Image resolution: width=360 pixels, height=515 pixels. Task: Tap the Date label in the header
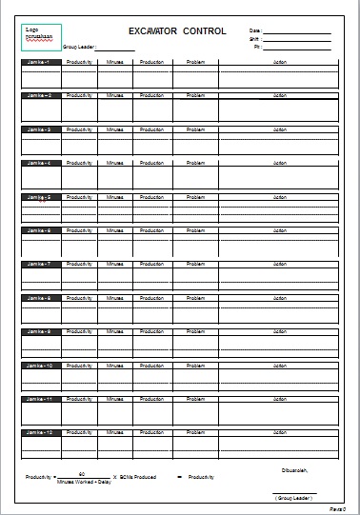[x=254, y=31]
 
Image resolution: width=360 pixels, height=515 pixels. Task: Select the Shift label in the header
[x=254, y=39]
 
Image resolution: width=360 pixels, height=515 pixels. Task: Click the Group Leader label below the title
[x=79, y=46]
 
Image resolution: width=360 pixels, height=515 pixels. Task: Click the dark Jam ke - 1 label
[x=39, y=62]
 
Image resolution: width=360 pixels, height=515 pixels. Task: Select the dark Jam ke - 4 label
[x=39, y=163]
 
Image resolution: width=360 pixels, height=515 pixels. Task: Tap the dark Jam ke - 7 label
[x=39, y=264]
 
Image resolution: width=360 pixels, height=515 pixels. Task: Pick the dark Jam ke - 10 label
[x=39, y=365]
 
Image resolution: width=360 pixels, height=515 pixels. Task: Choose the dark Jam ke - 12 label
[x=39, y=432]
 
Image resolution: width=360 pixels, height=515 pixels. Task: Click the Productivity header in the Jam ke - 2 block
[x=79, y=96]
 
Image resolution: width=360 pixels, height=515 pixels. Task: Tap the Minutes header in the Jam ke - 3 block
[x=115, y=129]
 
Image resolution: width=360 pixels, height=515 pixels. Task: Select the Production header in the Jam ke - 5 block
[x=150, y=197]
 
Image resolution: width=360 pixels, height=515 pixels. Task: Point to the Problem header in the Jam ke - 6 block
[x=196, y=230]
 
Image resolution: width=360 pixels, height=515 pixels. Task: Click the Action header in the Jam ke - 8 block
[x=279, y=298]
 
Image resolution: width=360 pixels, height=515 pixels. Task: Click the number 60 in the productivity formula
[x=82, y=473]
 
